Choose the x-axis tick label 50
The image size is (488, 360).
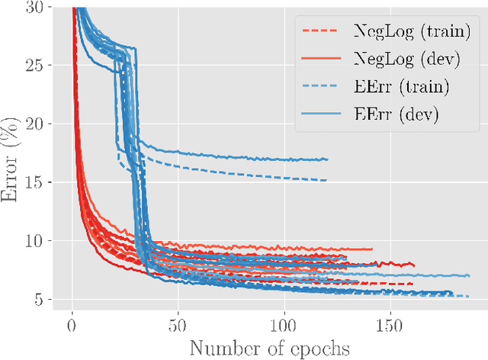pyautogui.click(x=178, y=326)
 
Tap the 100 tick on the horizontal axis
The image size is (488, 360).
pyautogui.click(x=284, y=326)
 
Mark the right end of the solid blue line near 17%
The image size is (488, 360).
pyautogui.click(x=327, y=159)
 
